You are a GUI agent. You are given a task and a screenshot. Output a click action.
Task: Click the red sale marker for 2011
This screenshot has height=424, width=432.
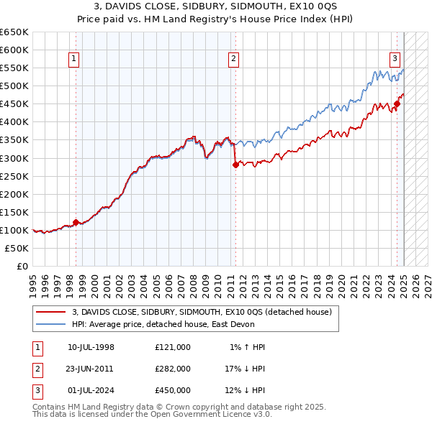coord(235,165)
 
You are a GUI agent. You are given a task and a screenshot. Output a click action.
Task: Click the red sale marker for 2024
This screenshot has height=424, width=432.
coord(397,104)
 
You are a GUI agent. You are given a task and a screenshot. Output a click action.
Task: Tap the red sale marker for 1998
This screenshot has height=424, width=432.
coord(76,223)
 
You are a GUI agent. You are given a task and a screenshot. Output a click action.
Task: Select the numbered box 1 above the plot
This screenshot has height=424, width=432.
coord(76,60)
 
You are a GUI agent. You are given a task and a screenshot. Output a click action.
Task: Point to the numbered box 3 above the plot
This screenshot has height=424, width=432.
coord(395,60)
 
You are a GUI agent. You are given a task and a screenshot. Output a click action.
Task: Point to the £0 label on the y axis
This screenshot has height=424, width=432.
coord(22,266)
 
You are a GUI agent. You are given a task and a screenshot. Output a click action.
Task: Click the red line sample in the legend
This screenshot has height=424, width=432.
coord(50,312)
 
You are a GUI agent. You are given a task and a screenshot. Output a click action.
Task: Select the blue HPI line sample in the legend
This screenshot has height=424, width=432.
coord(50,324)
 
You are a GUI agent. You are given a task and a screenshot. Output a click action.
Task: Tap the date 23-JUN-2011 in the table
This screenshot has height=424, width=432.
coord(90,368)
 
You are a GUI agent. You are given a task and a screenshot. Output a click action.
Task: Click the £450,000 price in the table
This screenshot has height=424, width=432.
coord(173,390)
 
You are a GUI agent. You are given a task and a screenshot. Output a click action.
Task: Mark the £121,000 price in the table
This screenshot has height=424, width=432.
coord(173,346)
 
